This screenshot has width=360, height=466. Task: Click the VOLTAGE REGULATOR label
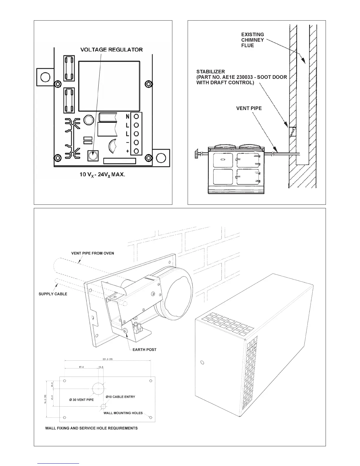(111, 49)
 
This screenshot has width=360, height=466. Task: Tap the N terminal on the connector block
(136, 116)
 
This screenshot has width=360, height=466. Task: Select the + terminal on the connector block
(136, 151)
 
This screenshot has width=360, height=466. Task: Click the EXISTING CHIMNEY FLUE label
(252, 40)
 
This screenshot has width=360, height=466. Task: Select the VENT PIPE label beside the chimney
(249, 108)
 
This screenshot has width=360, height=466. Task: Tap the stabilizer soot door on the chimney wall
(292, 132)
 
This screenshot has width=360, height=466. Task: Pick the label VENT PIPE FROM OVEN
(93, 253)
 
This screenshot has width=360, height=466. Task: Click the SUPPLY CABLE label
(53, 294)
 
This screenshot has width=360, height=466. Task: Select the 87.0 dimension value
(81, 367)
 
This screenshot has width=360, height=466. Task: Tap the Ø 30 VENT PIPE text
(81, 400)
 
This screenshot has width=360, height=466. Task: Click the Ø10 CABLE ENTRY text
(120, 397)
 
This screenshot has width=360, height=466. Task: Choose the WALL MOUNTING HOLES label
(123, 413)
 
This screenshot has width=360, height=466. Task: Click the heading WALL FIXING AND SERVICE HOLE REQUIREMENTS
(91, 428)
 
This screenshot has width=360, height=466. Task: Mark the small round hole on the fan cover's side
(202, 362)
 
